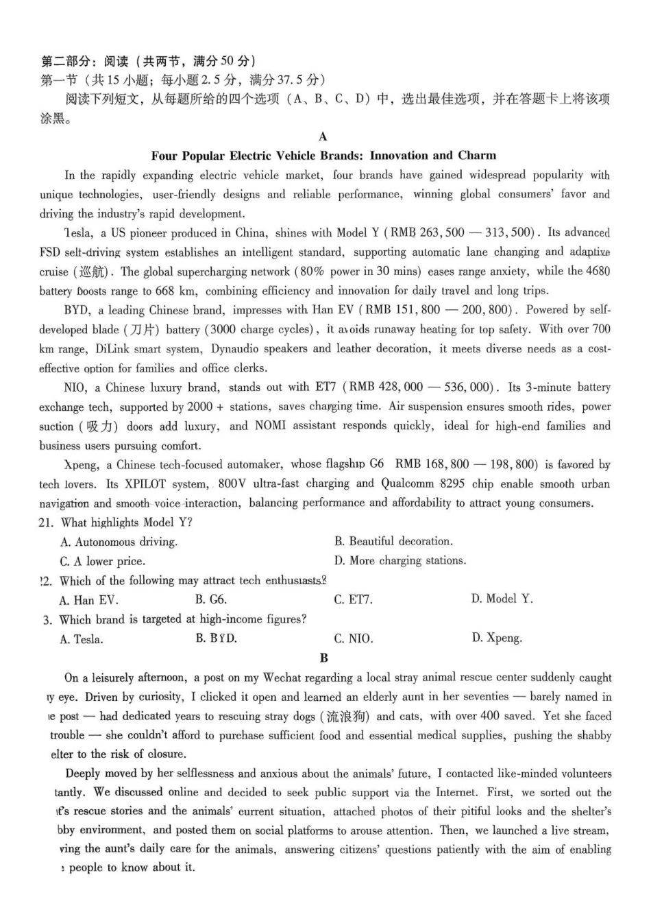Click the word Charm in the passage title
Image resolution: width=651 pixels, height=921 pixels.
click(x=477, y=156)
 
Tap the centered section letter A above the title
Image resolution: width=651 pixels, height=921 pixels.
click(x=323, y=136)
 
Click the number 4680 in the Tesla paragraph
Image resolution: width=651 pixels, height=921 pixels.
click(x=595, y=271)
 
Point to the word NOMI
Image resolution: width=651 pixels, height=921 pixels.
click(x=270, y=426)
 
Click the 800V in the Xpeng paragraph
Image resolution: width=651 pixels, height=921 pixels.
click(x=232, y=483)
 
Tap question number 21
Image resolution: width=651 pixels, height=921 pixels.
click(x=46, y=523)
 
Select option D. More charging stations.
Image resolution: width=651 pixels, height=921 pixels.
click(x=400, y=561)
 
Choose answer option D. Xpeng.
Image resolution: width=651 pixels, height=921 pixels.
click(x=496, y=638)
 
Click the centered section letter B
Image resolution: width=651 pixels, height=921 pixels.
click(x=324, y=658)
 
